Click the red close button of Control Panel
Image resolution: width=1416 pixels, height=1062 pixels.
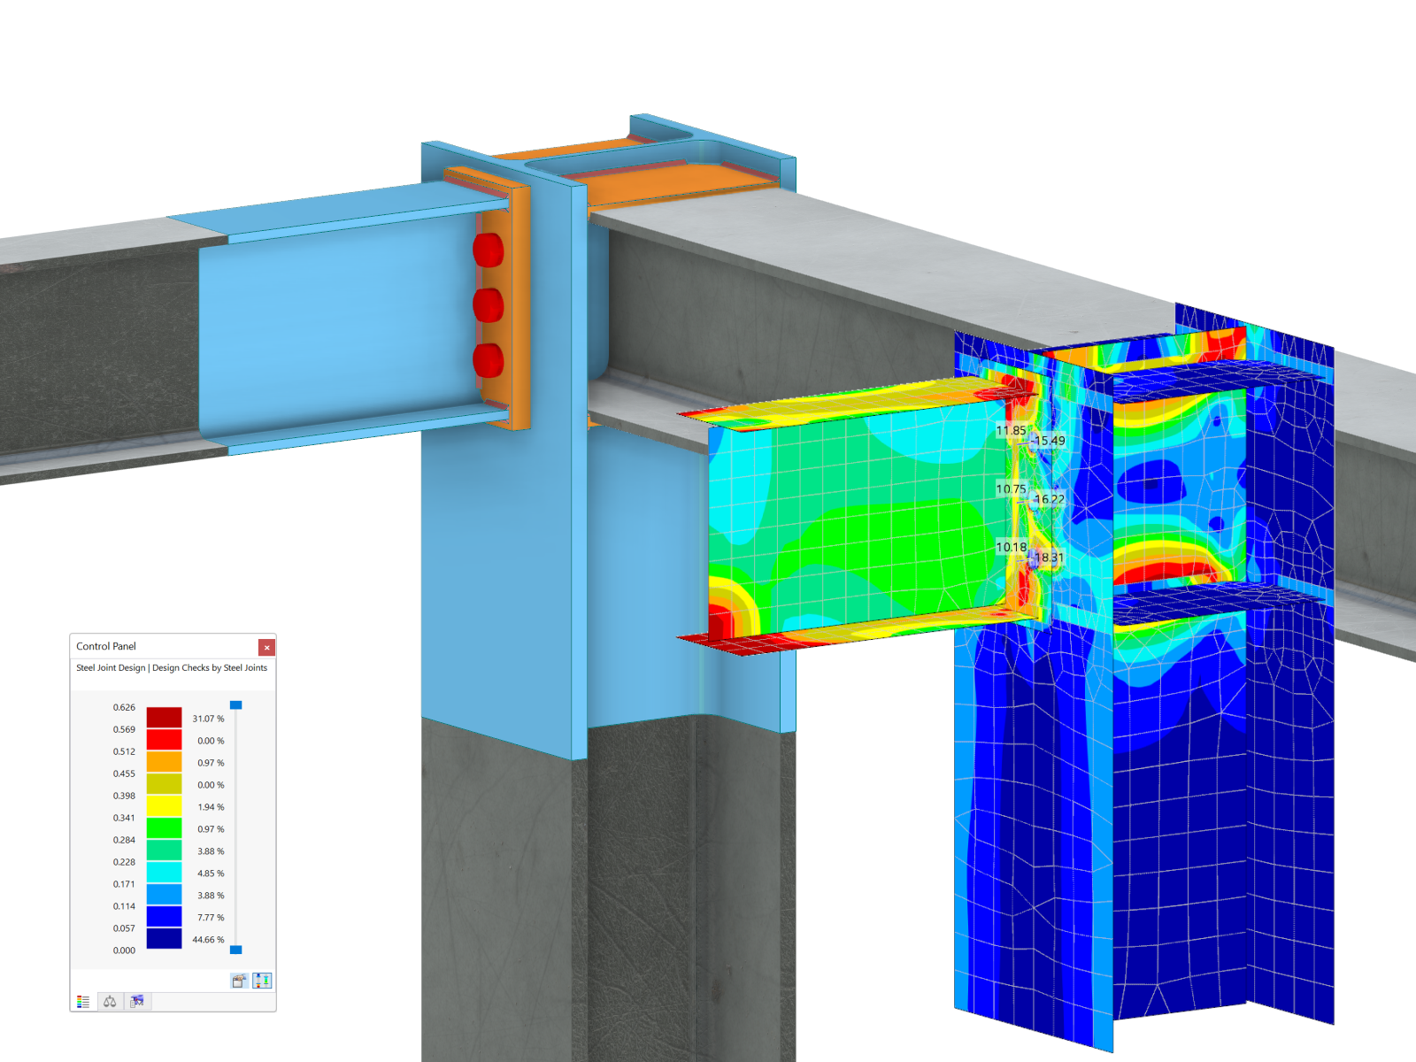click(266, 647)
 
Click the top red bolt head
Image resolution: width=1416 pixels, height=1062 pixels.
click(489, 250)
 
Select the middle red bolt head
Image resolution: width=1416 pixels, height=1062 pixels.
click(489, 305)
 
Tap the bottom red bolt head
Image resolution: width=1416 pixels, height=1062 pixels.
click(489, 360)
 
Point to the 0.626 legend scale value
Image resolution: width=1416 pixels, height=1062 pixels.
click(124, 707)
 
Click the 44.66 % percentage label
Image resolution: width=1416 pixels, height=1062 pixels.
click(208, 940)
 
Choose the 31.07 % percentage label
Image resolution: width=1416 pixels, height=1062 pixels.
click(208, 719)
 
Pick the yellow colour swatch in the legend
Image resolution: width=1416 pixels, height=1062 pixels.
click(164, 806)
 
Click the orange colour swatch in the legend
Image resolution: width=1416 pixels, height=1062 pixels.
click(164, 762)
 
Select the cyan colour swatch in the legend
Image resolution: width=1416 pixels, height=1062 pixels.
click(164, 873)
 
